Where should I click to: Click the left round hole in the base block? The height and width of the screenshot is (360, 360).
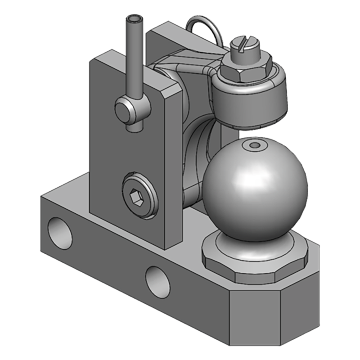click(60, 233)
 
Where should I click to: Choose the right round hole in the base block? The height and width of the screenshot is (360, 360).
click(158, 282)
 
